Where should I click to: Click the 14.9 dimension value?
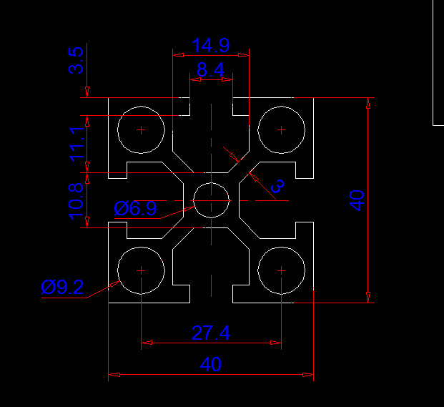[210, 46]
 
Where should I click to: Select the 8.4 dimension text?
[210, 70]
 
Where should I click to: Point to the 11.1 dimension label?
[77, 142]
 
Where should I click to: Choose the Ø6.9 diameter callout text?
[135, 209]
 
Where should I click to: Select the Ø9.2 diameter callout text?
[62, 288]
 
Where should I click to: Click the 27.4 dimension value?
[210, 333]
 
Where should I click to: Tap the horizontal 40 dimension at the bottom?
[210, 364]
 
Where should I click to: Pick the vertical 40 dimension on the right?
[357, 200]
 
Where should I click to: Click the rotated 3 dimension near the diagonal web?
[278, 185]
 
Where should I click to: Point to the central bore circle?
[211, 200]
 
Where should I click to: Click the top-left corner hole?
[141, 129]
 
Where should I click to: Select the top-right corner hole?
[281, 129]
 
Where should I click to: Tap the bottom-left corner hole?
[141, 270]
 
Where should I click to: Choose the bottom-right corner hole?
[281, 270]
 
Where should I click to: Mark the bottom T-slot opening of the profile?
[211, 295]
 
